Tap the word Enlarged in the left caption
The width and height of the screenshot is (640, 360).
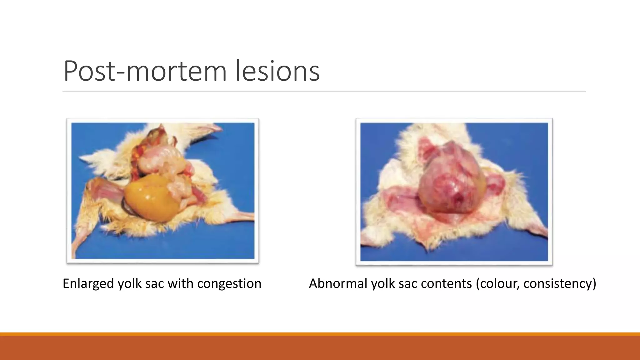tap(88, 284)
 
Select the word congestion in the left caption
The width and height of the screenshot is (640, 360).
tap(229, 284)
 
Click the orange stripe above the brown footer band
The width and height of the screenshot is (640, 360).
tap(320, 334)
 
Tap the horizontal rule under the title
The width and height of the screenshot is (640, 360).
tap(324, 91)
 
